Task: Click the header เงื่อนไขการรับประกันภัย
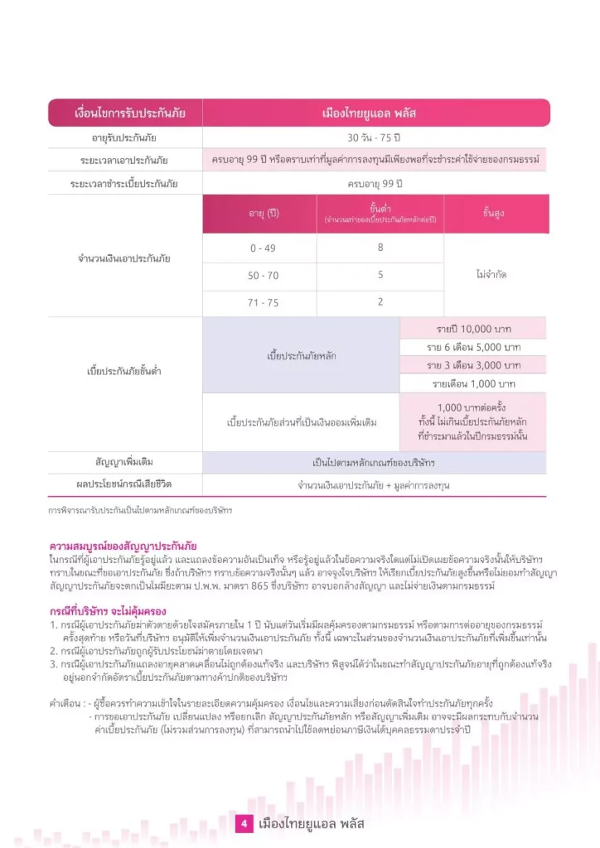[x=125, y=113]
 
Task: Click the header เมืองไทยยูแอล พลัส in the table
[x=375, y=113]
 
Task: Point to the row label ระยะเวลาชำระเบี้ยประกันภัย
[x=125, y=182]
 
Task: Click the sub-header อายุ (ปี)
[x=264, y=214]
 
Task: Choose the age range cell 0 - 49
[x=264, y=248]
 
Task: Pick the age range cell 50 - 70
[x=264, y=275]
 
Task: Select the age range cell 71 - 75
[x=264, y=302]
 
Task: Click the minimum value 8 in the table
[x=380, y=247]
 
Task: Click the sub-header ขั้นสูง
[x=494, y=214]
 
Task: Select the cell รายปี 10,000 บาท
[x=473, y=328]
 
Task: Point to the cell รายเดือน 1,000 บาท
[x=473, y=383]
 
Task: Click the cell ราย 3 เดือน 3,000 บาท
[x=473, y=365]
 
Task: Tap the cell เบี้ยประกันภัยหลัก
[x=302, y=355]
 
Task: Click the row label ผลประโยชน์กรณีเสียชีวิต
[x=125, y=483]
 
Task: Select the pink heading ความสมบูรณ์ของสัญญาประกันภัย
[x=123, y=547]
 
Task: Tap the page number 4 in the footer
[x=244, y=824]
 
